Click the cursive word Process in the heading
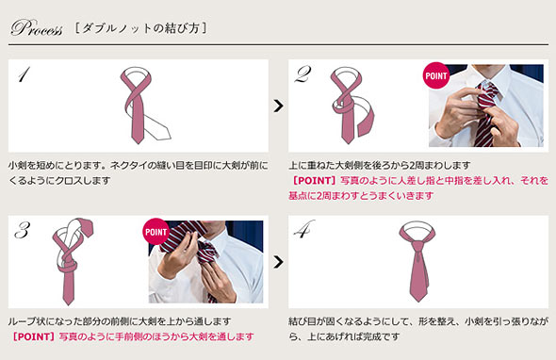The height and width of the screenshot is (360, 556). pyautogui.click(x=37, y=27)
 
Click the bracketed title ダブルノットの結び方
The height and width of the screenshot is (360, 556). pyautogui.click(x=140, y=28)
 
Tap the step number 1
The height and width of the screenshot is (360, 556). pyautogui.click(x=24, y=74)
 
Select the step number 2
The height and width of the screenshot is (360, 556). pyautogui.click(x=303, y=74)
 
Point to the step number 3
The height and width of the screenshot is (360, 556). pyautogui.click(x=23, y=230)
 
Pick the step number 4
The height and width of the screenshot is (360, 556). pyautogui.click(x=303, y=229)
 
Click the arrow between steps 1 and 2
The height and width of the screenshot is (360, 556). pyautogui.click(x=279, y=106)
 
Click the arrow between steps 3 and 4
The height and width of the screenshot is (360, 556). pyautogui.click(x=279, y=262)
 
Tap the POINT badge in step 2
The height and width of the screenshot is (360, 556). pyautogui.click(x=436, y=75)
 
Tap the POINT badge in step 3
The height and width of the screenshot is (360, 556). pyautogui.click(x=156, y=232)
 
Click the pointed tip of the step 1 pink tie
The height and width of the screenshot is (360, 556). pyautogui.click(x=138, y=143)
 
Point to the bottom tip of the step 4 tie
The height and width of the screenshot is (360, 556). pyautogui.click(x=418, y=302)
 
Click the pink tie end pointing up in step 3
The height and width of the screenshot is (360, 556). pyautogui.click(x=87, y=227)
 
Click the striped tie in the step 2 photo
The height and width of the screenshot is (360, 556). pyautogui.click(x=484, y=113)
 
